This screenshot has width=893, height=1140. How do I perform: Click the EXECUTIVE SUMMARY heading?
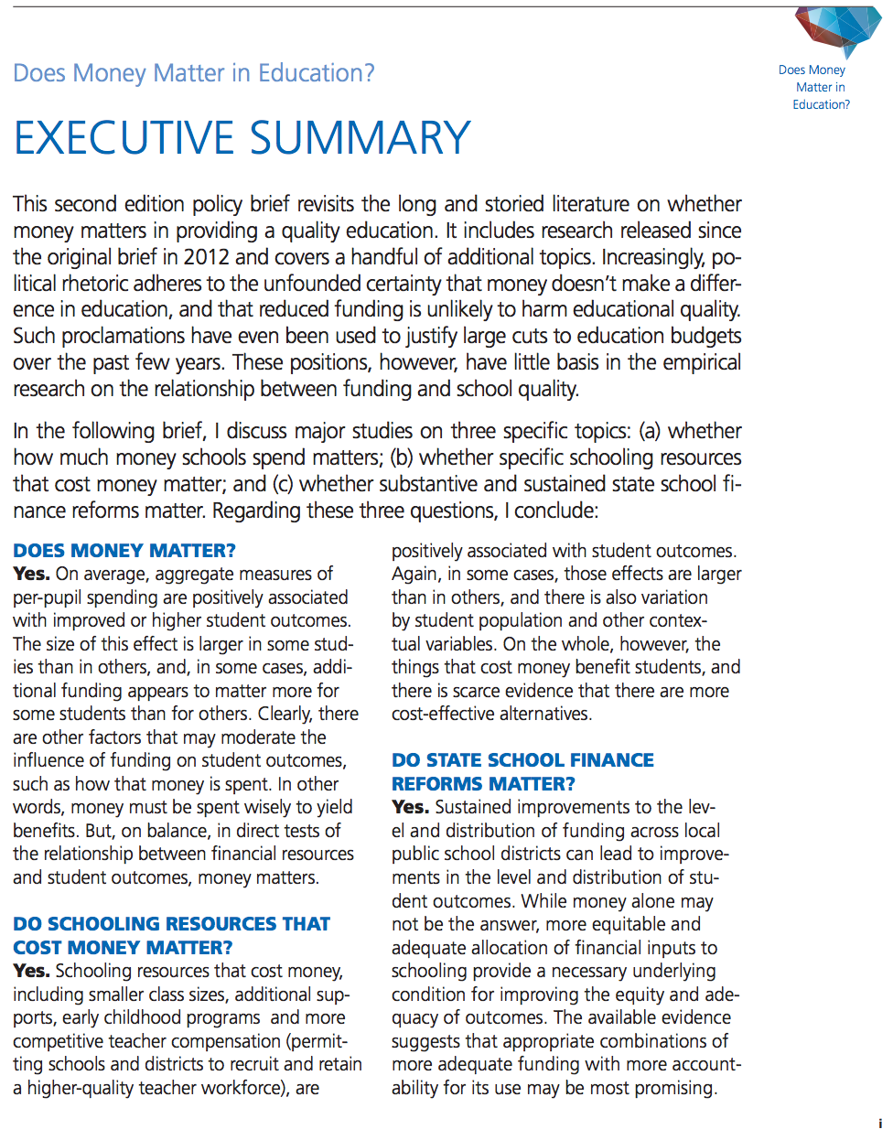242,138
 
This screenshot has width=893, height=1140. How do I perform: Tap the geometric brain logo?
837,29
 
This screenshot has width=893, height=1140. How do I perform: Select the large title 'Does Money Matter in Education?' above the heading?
194,73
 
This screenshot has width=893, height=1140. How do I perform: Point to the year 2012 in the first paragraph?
207,257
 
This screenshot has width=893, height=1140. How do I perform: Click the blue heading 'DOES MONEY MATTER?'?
124,551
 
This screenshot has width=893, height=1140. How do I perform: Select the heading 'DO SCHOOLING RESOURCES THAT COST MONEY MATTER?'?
171,936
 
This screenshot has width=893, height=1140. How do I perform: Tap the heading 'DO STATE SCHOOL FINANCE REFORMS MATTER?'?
522,772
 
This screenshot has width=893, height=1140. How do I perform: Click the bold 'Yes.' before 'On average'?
31,575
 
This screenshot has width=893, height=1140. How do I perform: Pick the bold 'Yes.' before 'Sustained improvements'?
410,808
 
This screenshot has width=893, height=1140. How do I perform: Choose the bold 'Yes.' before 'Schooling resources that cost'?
31,971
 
